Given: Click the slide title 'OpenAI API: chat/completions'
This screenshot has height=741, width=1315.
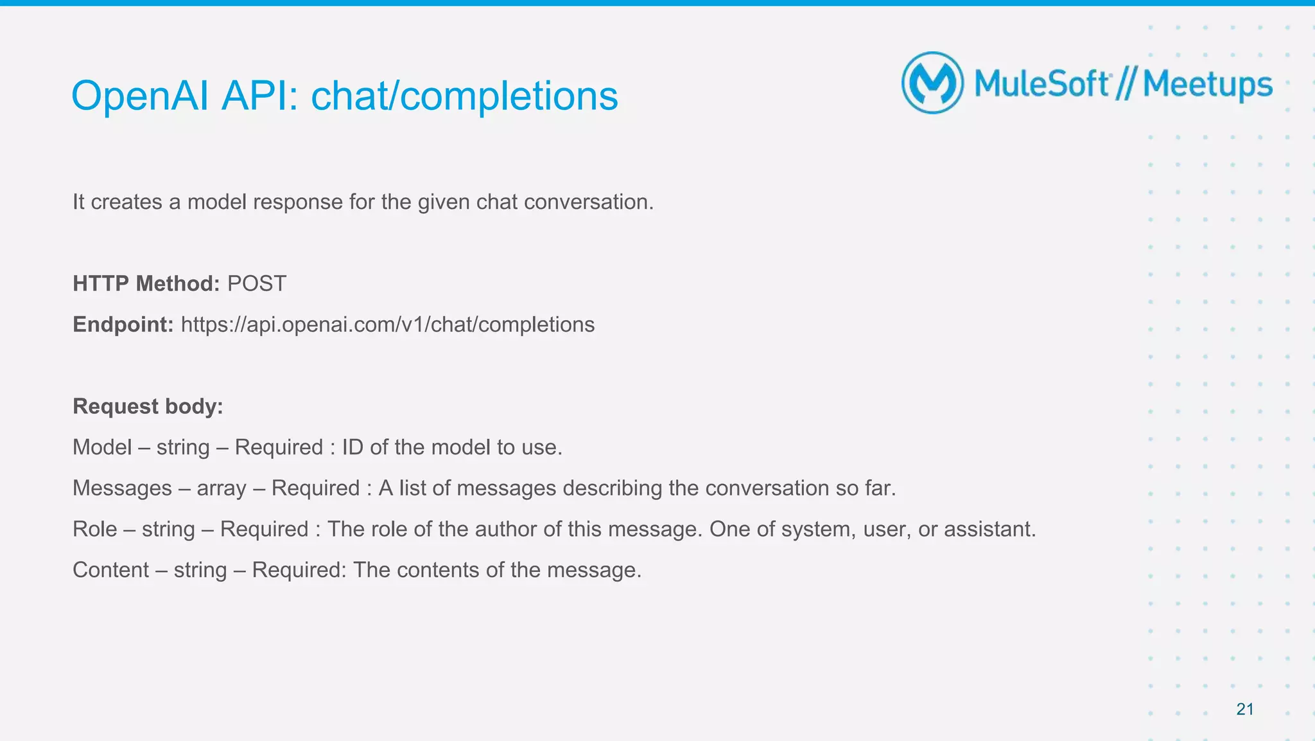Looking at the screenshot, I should coord(344,96).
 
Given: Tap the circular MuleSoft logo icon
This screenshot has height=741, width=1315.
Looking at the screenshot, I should coord(932,83).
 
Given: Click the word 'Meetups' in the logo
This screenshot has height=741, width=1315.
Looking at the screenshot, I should coord(1207,85).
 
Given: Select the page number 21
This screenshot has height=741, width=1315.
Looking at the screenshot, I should coord(1245,709).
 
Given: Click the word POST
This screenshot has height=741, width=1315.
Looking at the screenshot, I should coord(257,283).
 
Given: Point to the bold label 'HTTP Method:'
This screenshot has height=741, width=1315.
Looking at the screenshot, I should coord(146,283).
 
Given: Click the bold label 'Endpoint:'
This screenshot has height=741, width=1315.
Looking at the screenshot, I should coord(123,325).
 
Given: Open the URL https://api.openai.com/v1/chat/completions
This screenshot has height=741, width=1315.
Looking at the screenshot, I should coord(388,325).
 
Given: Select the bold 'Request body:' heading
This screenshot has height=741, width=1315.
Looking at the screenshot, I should coord(148,406).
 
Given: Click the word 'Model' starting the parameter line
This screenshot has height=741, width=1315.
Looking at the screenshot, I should coord(102,447).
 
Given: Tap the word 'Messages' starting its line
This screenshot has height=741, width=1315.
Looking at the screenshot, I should coord(122,488).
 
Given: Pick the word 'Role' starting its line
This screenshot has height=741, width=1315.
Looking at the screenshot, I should coord(95,529).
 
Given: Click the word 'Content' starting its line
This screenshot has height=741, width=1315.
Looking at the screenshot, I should coord(110,570).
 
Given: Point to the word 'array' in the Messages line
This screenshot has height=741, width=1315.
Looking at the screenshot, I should coord(222,488).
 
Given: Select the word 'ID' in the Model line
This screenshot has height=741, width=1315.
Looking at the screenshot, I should coord(353,447).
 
